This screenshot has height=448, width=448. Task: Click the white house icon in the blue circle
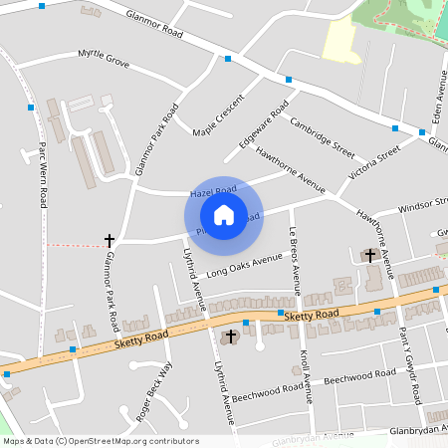point(224,215)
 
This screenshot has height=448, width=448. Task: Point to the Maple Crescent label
point(218,115)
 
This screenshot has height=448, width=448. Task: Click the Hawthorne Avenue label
point(290,169)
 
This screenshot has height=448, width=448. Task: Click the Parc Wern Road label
point(43,174)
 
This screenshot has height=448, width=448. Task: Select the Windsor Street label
point(422,207)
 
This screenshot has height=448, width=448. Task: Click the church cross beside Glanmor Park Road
point(110,240)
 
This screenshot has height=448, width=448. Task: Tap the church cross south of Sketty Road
point(231,336)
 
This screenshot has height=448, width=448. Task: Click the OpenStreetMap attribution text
point(101,441)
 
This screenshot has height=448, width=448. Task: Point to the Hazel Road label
point(212,189)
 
